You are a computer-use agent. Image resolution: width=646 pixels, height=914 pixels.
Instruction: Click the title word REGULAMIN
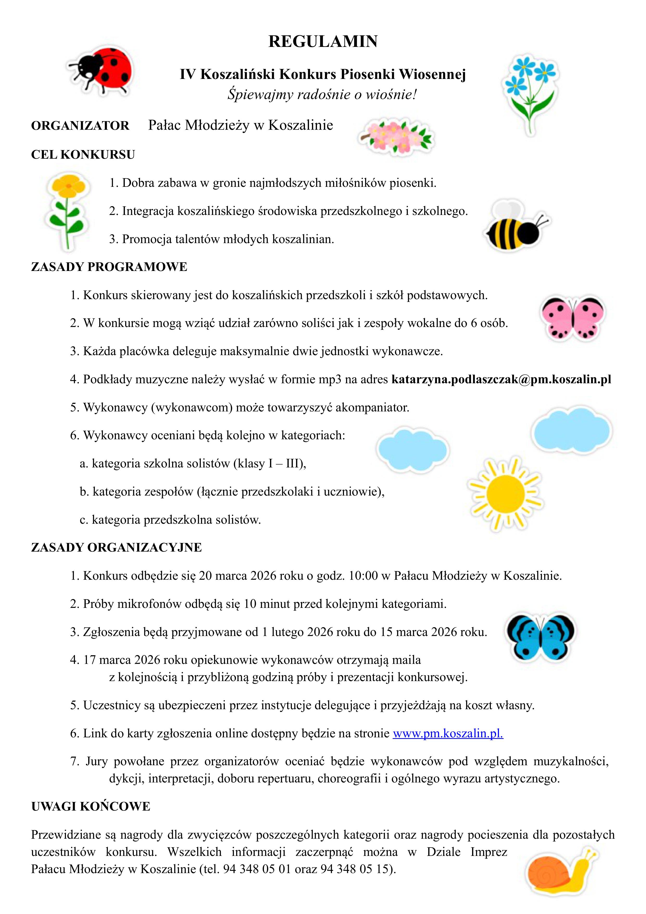coord(323,42)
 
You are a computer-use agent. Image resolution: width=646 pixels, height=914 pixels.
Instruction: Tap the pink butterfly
coord(572,318)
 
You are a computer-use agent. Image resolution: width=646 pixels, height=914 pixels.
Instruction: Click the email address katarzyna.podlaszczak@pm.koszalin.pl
coord(501,379)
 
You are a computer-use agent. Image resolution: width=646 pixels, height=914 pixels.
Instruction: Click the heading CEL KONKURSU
coord(83,155)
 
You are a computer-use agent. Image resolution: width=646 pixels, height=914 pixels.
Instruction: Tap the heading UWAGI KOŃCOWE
coord(91,806)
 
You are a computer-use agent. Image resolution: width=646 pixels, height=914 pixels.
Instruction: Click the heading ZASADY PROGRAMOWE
coord(109,267)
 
